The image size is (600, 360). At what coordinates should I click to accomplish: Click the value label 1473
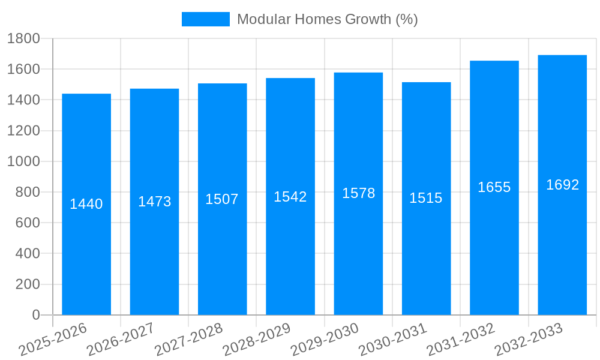155,202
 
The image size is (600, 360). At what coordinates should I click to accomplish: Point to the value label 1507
222,199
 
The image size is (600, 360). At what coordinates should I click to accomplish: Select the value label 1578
359,193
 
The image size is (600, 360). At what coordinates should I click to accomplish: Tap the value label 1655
494,187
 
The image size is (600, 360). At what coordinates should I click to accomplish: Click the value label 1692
563,185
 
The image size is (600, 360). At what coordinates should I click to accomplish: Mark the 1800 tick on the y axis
23,39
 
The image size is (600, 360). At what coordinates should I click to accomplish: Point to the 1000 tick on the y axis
23,161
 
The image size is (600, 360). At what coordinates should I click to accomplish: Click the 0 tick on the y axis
35,315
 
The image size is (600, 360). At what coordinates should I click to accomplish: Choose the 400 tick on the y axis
27,254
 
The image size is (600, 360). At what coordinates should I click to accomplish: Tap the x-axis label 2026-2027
121,340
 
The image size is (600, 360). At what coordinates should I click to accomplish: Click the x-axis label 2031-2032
461,340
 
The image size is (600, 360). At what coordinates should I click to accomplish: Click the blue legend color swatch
205,19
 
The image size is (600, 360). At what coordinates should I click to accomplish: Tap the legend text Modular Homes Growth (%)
327,19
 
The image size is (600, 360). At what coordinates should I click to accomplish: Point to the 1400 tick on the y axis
23,100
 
